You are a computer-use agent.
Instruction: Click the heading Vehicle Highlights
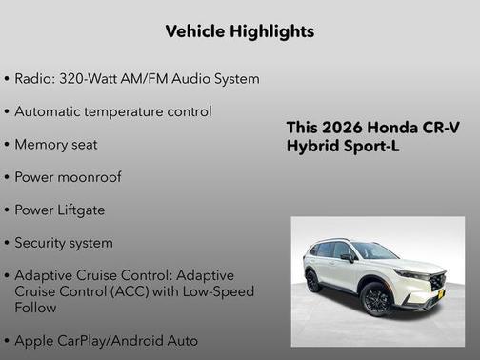[239, 31]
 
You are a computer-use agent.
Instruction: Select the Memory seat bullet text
[56, 145]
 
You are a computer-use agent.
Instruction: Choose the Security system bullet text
[64, 243]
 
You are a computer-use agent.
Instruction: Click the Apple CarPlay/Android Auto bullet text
[107, 340]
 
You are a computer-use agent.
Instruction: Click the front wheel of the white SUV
[377, 299]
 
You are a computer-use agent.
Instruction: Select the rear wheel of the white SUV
[313, 280]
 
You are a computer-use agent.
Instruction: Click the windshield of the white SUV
[372, 250]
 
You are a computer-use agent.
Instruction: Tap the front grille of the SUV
[437, 283]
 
